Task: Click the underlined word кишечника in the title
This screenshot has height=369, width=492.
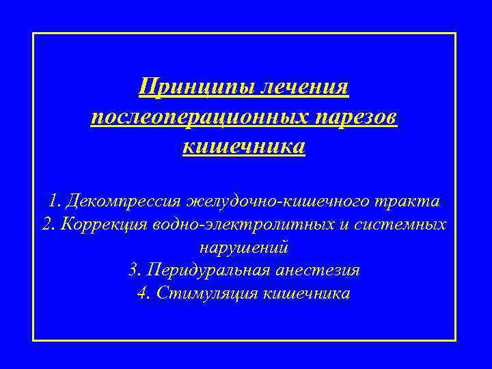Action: click(x=244, y=146)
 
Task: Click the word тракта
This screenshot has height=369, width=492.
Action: click(x=409, y=202)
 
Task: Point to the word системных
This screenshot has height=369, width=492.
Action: click(x=405, y=225)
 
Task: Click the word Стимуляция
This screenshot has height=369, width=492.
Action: click(x=208, y=293)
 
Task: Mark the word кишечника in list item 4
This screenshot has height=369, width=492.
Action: click(x=306, y=293)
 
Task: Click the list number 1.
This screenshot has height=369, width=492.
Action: click(x=54, y=202)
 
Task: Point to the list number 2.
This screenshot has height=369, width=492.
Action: click(x=47, y=225)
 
